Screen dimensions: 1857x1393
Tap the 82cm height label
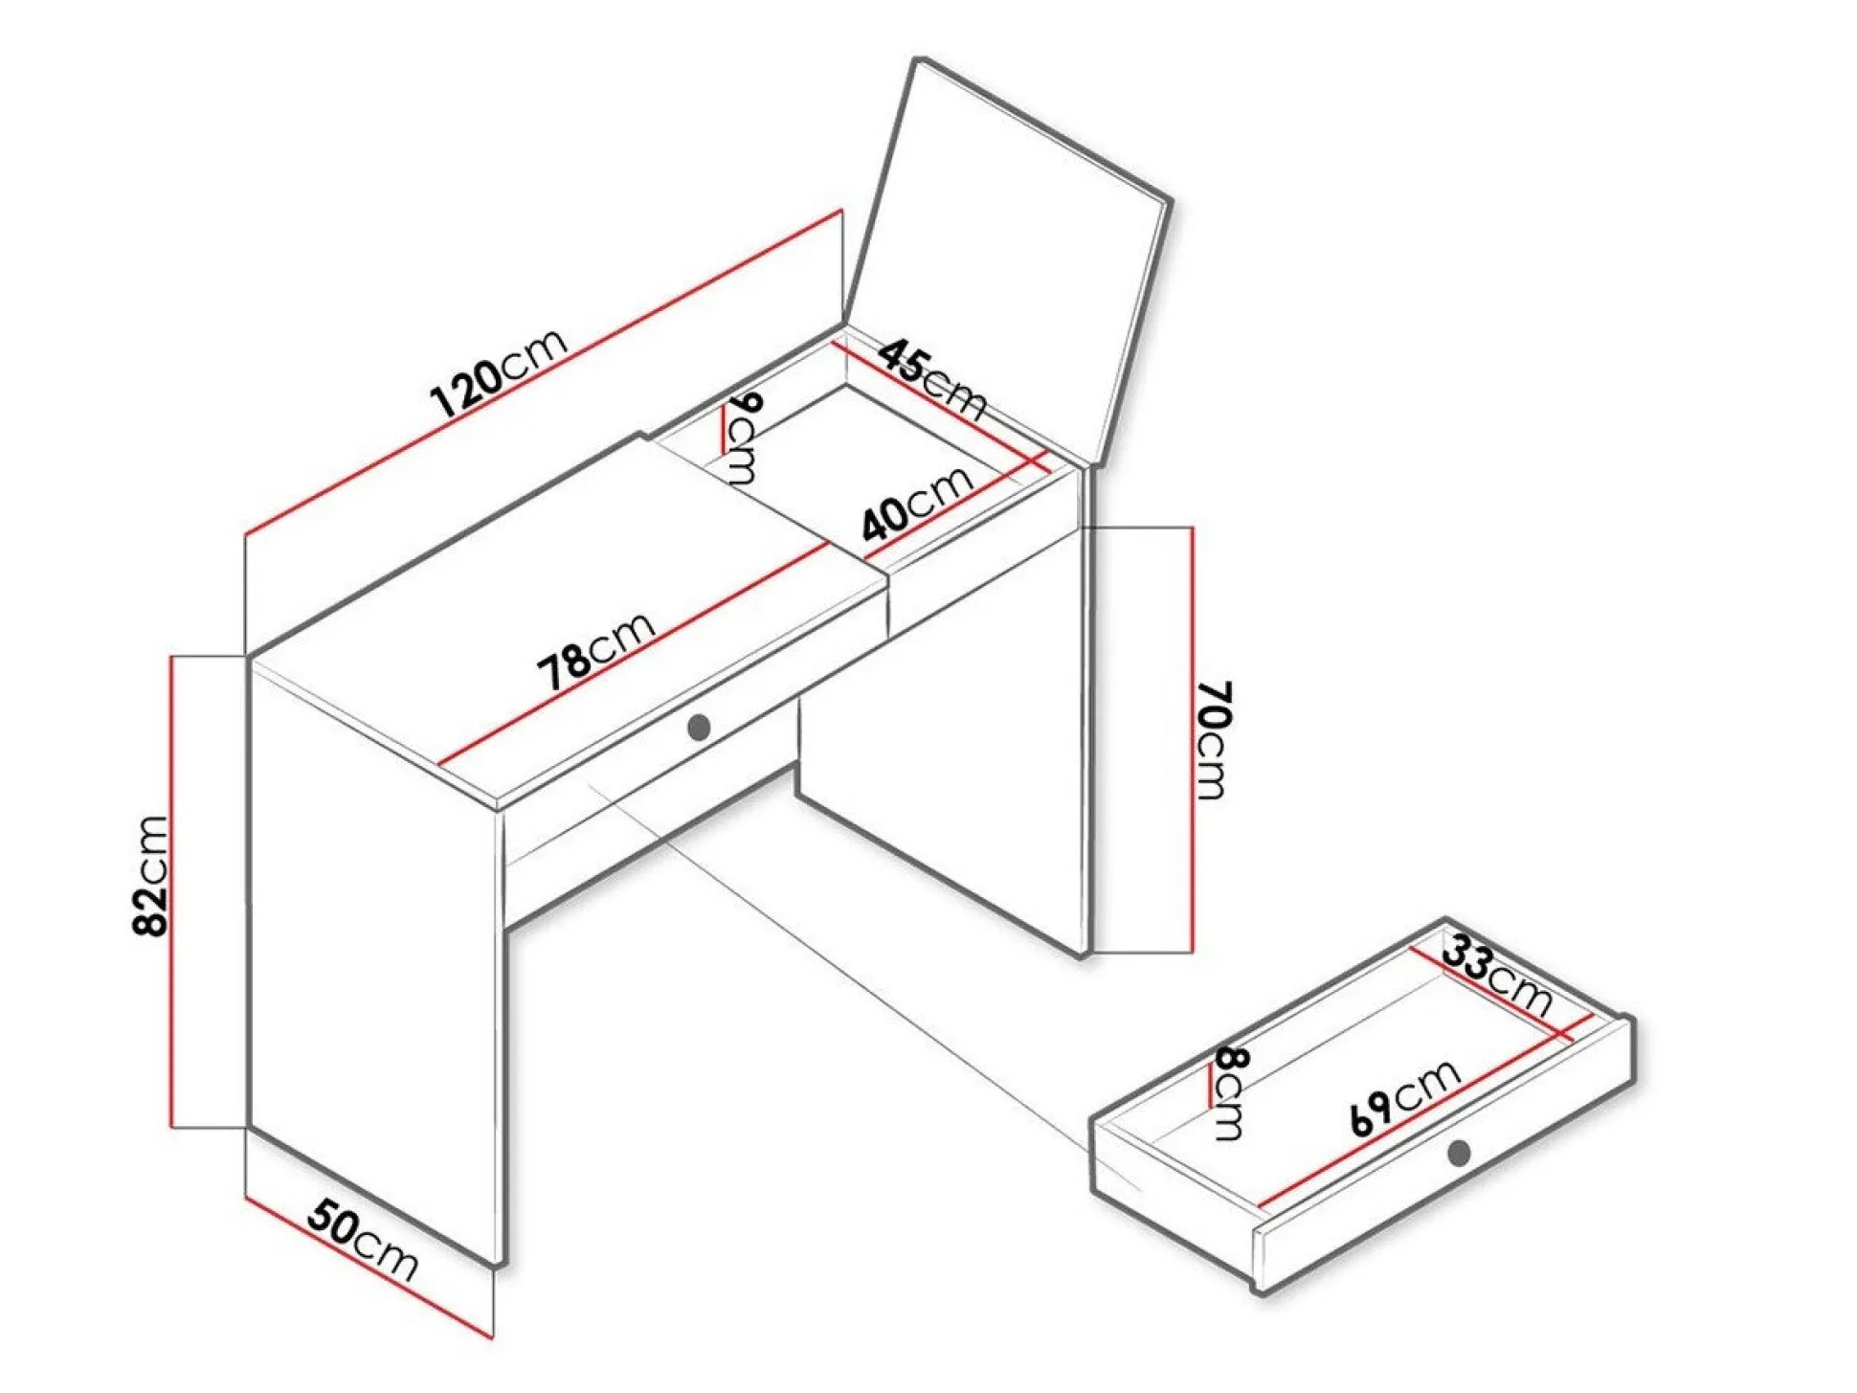click(x=151, y=875)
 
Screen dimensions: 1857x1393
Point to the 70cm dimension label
click(x=1214, y=740)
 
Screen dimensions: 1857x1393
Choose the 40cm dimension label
click(x=917, y=504)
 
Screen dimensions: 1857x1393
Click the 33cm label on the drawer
click(x=1497, y=977)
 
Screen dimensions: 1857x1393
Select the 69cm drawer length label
click(x=1405, y=1097)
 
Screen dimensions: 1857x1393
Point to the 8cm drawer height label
click(x=1229, y=1092)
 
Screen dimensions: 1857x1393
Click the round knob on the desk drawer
click(x=699, y=728)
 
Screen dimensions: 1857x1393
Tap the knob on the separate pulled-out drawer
click(x=1459, y=1153)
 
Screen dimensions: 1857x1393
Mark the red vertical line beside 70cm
click(x=1192, y=739)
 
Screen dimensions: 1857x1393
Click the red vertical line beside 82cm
click(x=172, y=891)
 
